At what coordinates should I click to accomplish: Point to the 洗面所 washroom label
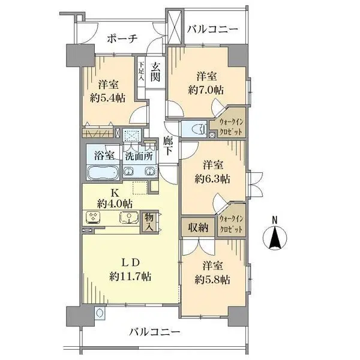click(138, 154)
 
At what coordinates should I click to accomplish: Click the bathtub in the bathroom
click(103, 173)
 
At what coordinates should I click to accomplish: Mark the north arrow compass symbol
click(275, 239)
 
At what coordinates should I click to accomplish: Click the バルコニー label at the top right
click(212, 29)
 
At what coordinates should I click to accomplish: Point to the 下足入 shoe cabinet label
click(142, 71)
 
